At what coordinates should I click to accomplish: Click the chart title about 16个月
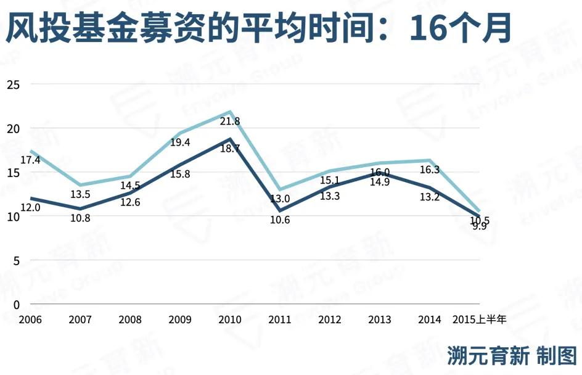tap(258, 28)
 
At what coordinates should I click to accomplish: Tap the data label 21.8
tap(230, 122)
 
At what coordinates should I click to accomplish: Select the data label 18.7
tap(229, 149)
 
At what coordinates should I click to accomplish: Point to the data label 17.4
tap(30, 160)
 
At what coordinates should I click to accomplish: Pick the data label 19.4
tap(179, 142)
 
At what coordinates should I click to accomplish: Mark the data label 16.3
tap(430, 170)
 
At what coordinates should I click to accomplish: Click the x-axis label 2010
tap(230, 319)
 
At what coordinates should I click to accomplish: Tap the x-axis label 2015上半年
tap(479, 319)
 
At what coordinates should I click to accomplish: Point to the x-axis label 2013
tap(379, 319)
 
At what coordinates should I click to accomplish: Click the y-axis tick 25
tap(13, 84)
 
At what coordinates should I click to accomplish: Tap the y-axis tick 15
tap(13, 172)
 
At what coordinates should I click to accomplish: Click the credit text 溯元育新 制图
tap(512, 356)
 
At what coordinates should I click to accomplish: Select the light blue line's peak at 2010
tap(230, 112)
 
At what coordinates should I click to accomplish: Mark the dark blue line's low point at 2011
tap(280, 210)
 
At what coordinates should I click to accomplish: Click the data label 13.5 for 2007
tap(80, 194)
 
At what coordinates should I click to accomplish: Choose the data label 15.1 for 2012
tap(330, 180)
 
